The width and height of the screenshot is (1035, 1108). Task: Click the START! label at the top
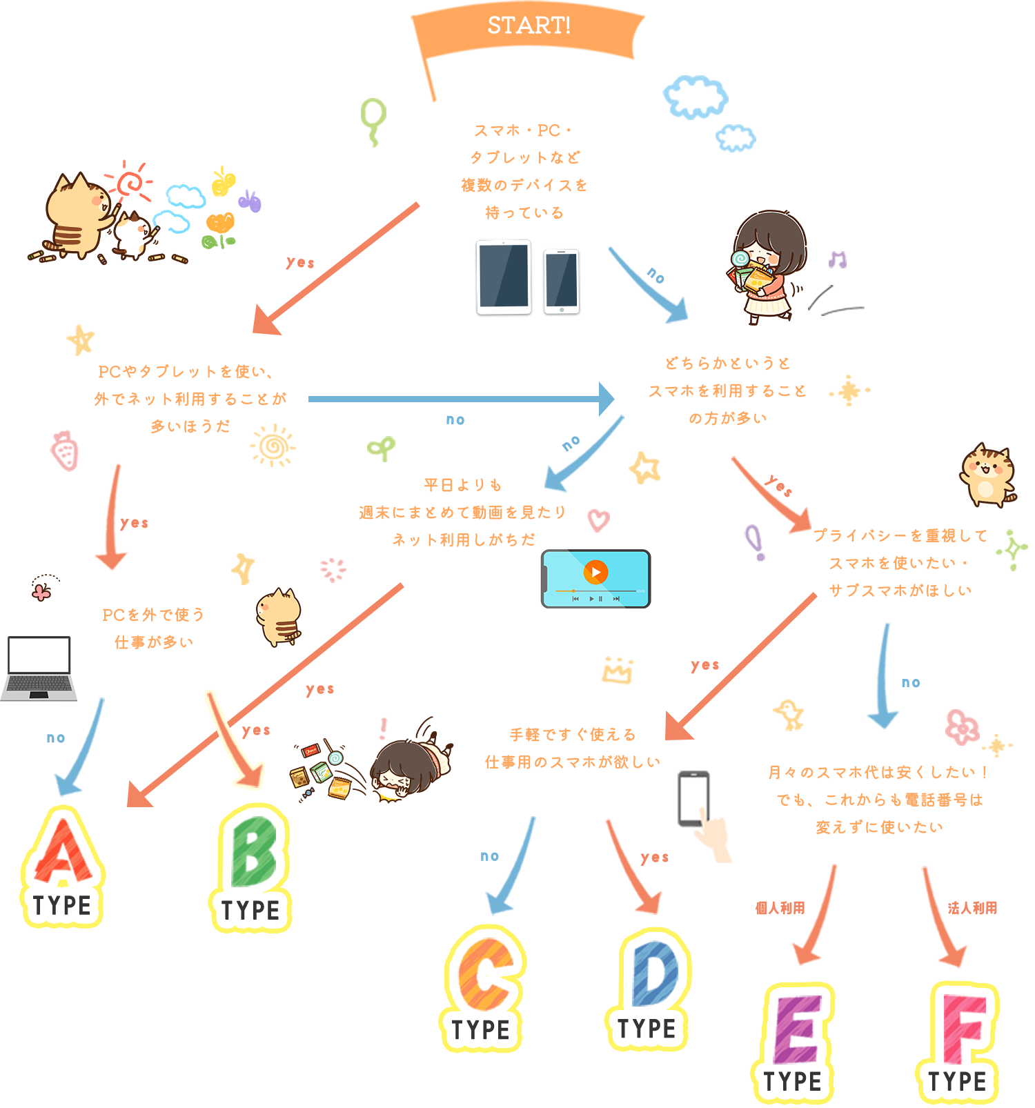(x=529, y=26)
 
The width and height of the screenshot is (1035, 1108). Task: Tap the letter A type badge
(x=63, y=866)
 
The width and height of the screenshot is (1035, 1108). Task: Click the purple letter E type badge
(x=793, y=1042)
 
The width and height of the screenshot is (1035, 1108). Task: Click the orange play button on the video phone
(x=595, y=572)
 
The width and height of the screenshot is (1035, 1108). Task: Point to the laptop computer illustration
(x=38, y=667)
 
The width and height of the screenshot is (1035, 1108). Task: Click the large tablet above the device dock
(x=504, y=277)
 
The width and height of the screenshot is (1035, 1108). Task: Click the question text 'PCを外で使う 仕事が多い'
(x=153, y=629)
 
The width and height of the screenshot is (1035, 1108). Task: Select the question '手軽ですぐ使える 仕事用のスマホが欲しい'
(x=573, y=749)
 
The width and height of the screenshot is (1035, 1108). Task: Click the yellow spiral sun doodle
(x=273, y=446)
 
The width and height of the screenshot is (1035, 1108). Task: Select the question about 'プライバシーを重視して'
(x=900, y=563)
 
